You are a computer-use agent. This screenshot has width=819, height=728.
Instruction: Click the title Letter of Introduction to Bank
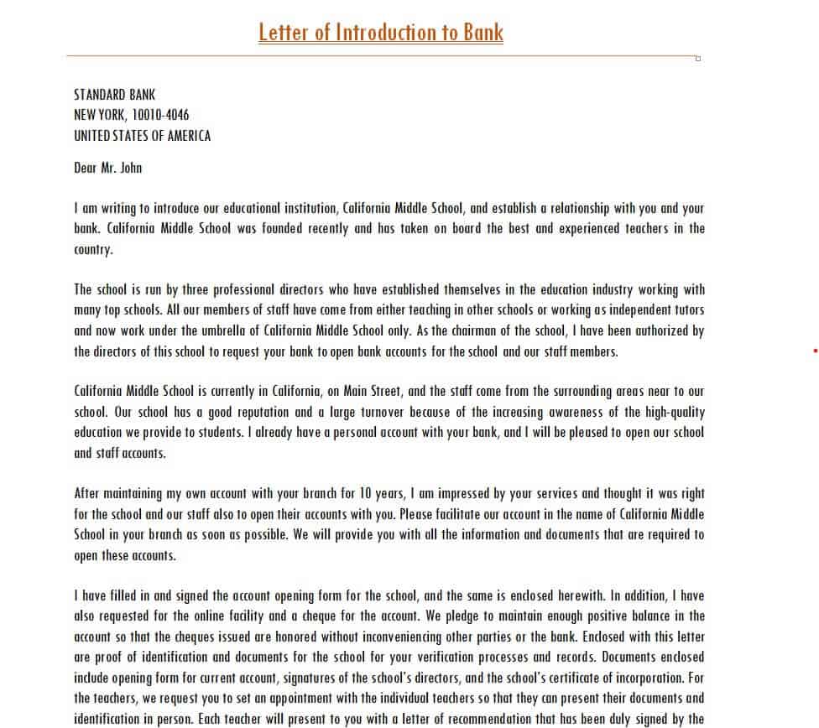click(x=381, y=32)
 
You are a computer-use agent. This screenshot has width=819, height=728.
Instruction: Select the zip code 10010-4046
click(x=161, y=115)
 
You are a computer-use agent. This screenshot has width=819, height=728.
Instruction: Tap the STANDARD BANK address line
click(x=114, y=95)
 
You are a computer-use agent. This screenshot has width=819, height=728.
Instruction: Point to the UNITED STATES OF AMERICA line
click(x=142, y=136)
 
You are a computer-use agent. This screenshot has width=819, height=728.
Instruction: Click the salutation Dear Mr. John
click(x=107, y=168)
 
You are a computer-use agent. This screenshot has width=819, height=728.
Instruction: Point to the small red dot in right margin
click(x=815, y=351)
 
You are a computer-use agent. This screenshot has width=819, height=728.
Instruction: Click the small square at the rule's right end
click(x=698, y=59)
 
